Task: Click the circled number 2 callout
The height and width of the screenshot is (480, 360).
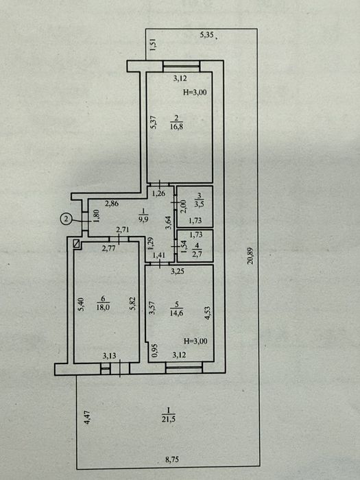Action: pyautogui.click(x=66, y=219)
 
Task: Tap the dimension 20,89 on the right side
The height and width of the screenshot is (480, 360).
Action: pyautogui.click(x=251, y=256)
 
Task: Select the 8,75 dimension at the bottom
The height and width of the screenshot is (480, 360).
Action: pyautogui.click(x=171, y=459)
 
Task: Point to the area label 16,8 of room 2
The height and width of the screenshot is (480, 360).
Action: pyautogui.click(x=177, y=126)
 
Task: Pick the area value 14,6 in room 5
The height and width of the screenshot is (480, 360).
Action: pyautogui.click(x=176, y=313)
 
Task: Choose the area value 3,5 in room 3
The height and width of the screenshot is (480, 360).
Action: pyautogui.click(x=200, y=204)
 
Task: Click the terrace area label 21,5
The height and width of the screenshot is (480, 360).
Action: pyautogui.click(x=169, y=419)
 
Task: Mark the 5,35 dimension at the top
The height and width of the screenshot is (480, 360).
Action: pyautogui.click(x=206, y=35)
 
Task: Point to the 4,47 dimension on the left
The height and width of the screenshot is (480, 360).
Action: pyautogui.click(x=88, y=417)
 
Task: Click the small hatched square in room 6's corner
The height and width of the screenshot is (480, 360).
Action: pyautogui.click(x=77, y=243)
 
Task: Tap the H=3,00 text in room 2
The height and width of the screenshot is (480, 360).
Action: pyautogui.click(x=195, y=93)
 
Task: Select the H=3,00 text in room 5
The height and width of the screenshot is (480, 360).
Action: pyautogui.click(x=195, y=341)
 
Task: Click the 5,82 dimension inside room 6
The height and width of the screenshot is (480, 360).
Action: pyautogui.click(x=133, y=304)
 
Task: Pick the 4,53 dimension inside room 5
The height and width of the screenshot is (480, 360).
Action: pyautogui.click(x=208, y=313)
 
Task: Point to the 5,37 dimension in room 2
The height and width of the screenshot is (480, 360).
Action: pyautogui.click(x=154, y=122)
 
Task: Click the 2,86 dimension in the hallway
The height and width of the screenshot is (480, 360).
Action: pyautogui.click(x=112, y=204)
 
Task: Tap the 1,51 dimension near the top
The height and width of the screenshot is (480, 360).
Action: pyautogui.click(x=154, y=45)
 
